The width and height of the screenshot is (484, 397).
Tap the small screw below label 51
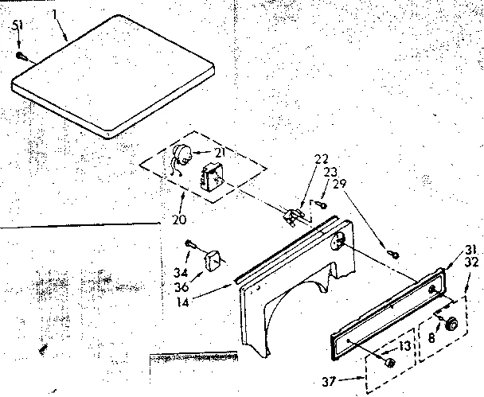[22, 56]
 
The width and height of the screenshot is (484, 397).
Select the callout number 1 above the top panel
[54, 14]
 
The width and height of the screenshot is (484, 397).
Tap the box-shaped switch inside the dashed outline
[213, 175]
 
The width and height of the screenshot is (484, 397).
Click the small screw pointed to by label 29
[393, 255]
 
